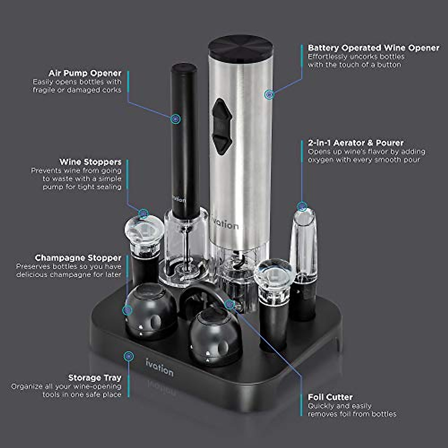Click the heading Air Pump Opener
click(85, 73)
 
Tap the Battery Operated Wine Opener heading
click(373, 48)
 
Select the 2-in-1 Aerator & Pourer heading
click(355, 143)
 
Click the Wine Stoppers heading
click(90, 162)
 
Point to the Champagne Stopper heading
click(78, 258)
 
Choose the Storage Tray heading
click(94, 378)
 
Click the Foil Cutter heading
click(330, 397)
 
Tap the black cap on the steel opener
click(240, 47)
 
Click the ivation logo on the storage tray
click(159, 367)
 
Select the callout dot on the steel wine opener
click(269, 94)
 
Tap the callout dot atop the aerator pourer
click(302, 206)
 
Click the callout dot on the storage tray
click(128, 356)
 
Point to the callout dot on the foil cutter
click(230, 305)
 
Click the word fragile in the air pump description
click(44, 90)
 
